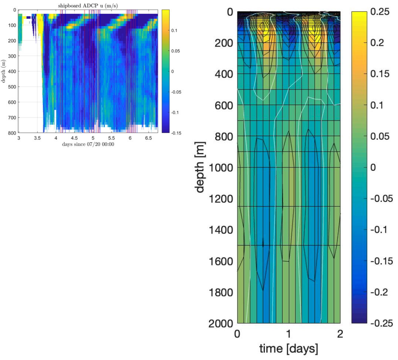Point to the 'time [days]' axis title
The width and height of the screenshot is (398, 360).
tap(289, 348)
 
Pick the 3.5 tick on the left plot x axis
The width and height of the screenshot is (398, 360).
tap(37, 138)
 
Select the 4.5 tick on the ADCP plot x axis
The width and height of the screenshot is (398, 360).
tap(74, 138)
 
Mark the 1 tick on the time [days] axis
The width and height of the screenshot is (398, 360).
tap(289, 334)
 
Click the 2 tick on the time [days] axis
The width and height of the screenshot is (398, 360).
tap(340, 334)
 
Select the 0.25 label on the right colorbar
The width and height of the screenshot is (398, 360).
tap(381, 12)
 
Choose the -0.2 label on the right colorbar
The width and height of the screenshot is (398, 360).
tap(381, 292)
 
